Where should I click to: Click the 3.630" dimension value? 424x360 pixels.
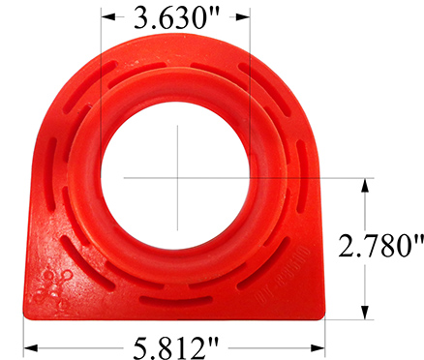pyautogui.click(x=173, y=18)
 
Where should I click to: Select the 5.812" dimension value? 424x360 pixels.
pyautogui.click(x=175, y=343)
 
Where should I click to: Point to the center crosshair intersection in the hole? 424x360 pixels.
pyautogui.click(x=177, y=177)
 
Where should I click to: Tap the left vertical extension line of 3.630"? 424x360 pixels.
pyautogui.click(x=100, y=77)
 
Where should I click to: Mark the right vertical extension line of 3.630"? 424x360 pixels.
pyautogui.click(x=250, y=77)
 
